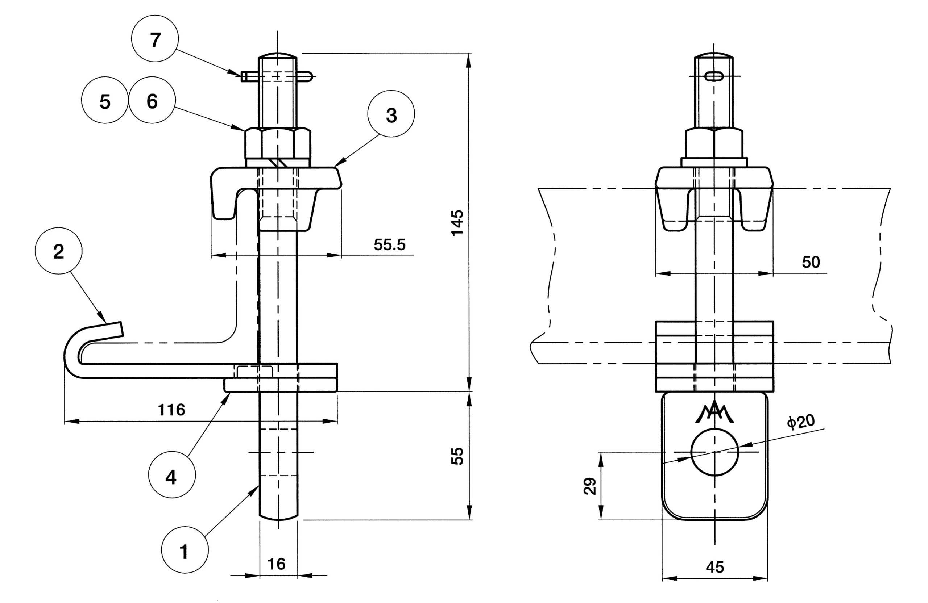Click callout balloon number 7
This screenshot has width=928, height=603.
point(155,38)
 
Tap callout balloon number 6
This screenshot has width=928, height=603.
point(152,100)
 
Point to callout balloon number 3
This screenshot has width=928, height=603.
point(391,114)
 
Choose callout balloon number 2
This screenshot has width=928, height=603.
point(58,251)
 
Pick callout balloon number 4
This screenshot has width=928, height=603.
point(172,474)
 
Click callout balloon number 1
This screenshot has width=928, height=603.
point(185,550)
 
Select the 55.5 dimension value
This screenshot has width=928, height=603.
point(390,244)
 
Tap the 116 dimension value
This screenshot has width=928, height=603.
point(171,410)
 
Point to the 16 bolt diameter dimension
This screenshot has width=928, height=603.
point(277,564)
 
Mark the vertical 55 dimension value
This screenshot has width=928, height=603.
point(457,456)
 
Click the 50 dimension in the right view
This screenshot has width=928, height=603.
point(811,262)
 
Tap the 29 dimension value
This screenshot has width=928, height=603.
point(590,486)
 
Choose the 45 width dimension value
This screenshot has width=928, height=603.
point(715,567)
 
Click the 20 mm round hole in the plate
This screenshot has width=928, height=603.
point(715,452)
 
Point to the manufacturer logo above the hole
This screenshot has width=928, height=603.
point(715,412)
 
